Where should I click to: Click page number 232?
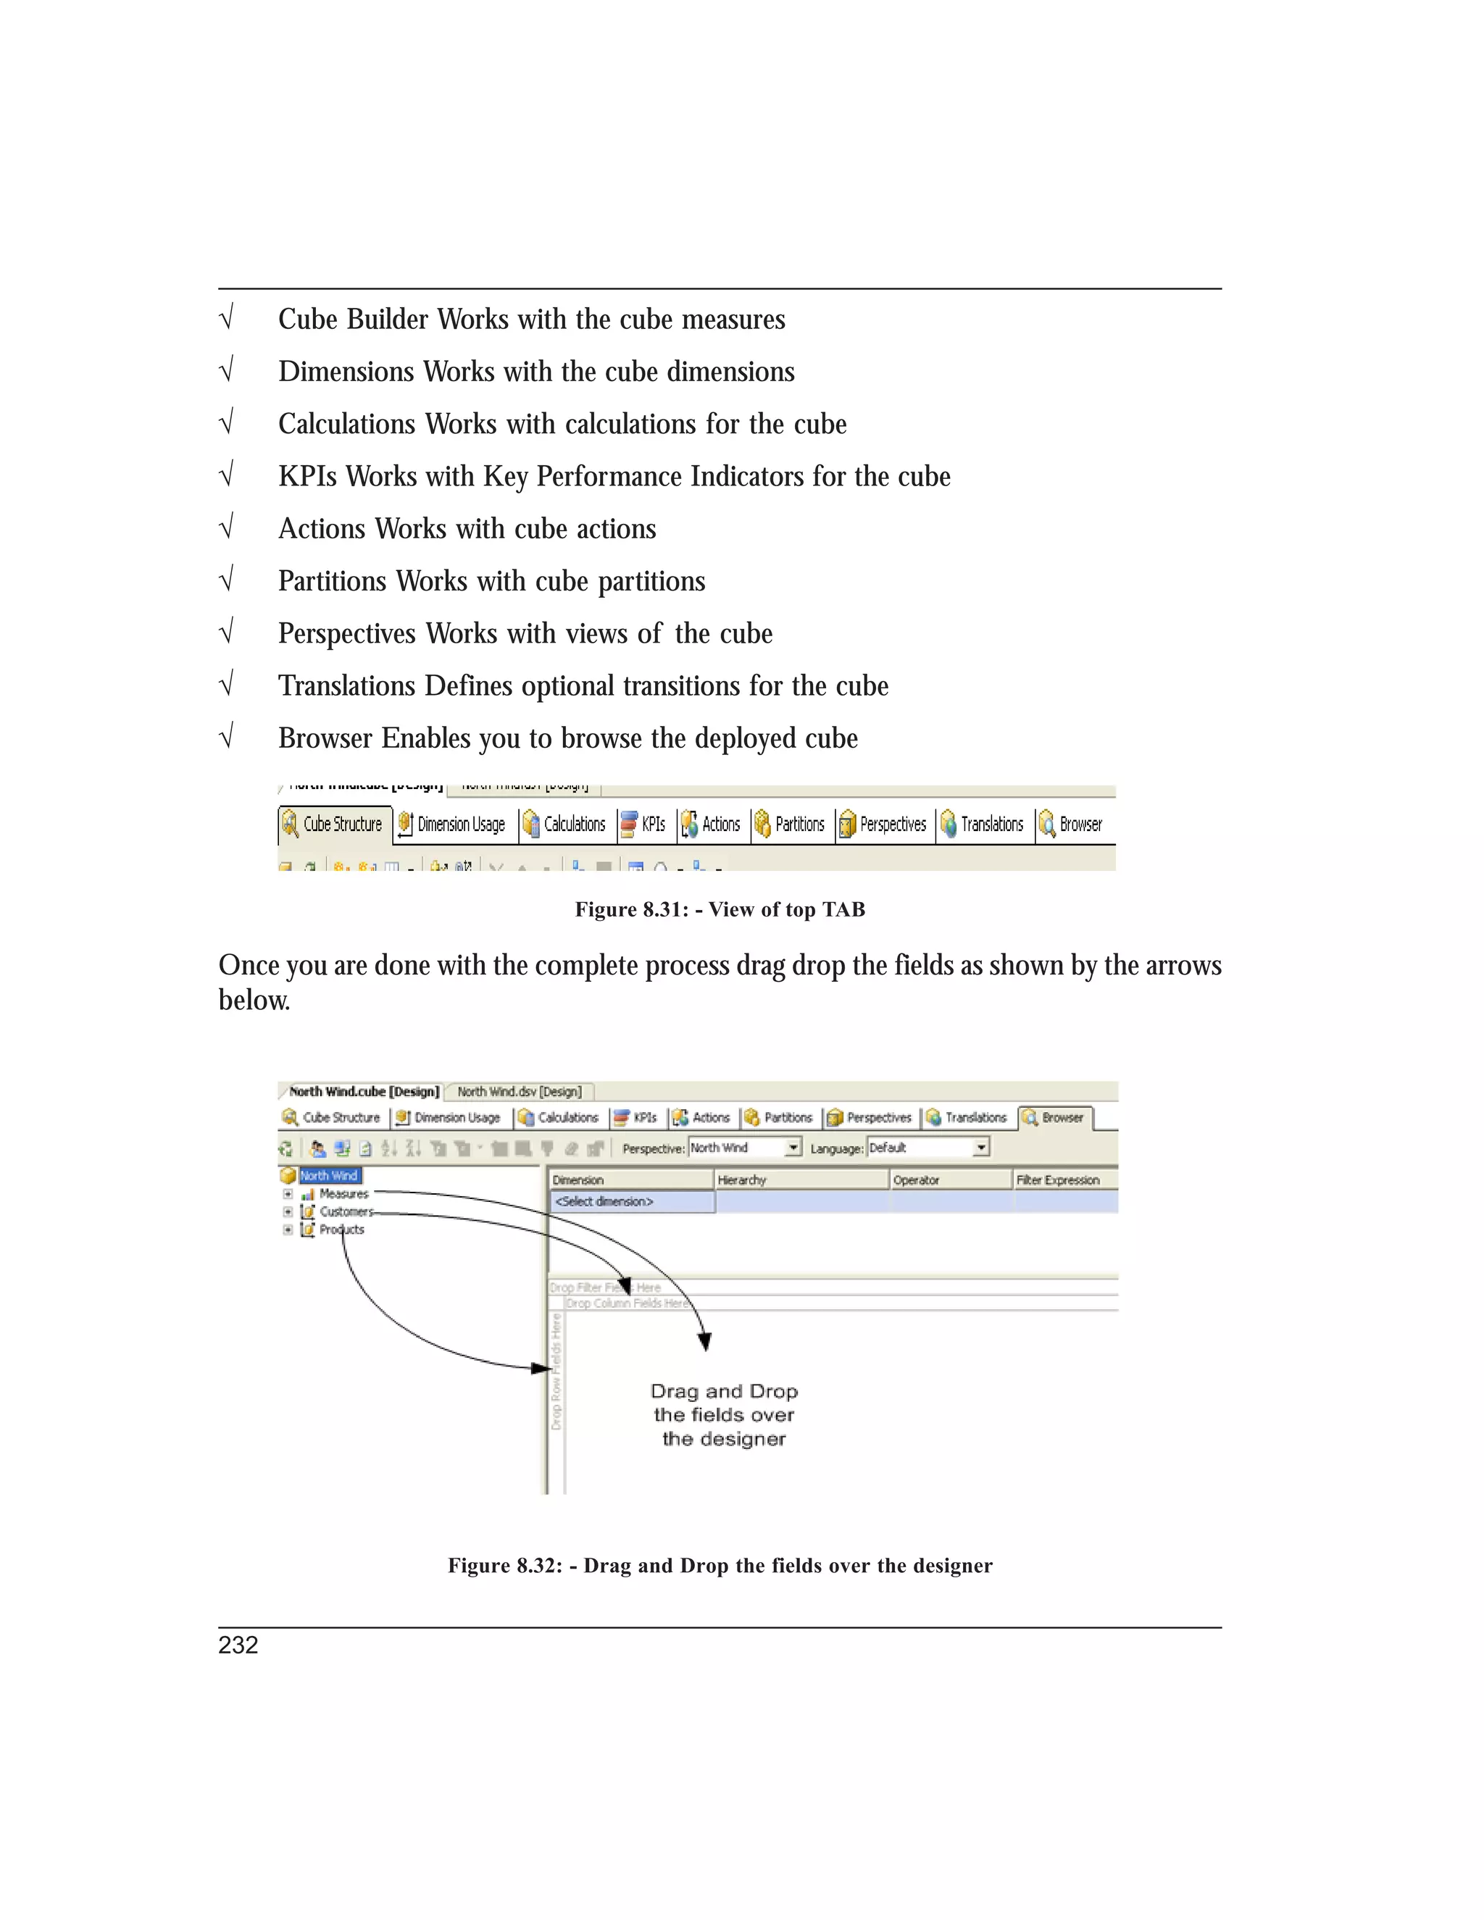(238, 1645)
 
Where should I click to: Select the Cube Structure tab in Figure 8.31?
(335, 825)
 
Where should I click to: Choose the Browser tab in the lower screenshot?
(1055, 1118)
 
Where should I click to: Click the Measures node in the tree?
(343, 1194)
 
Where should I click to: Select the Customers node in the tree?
(345, 1211)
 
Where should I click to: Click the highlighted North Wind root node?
(329, 1175)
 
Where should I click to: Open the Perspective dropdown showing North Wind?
(793, 1147)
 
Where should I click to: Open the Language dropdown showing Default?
(981, 1147)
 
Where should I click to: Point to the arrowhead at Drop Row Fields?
(541, 1368)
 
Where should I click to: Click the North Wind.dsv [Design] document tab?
(519, 1092)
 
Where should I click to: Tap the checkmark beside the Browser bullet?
(227, 737)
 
